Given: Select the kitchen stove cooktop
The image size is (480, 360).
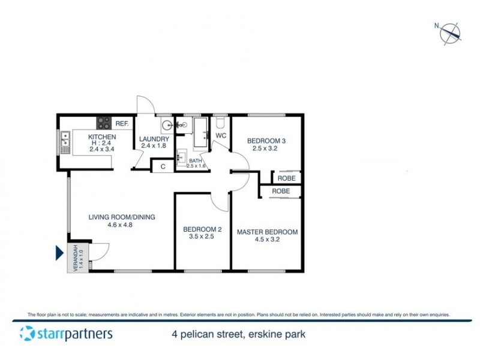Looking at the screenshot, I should coord(103,124).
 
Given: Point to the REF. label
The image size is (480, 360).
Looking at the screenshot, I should coord(122,124).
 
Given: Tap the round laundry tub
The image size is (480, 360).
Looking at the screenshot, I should coord(168,125).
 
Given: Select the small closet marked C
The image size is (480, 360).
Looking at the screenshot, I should coord(163,166).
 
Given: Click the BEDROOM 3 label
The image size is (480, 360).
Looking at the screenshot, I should coord(265,141).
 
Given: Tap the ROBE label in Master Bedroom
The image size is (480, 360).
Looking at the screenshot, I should coord(281,191).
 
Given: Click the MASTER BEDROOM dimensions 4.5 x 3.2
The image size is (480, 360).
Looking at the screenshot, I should coord(267,239).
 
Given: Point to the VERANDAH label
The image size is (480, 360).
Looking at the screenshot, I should coord(76,259).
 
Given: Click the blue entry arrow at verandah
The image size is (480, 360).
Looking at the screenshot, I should coord(60,254).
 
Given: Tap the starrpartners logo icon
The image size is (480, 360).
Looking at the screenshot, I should coord(26,333).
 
